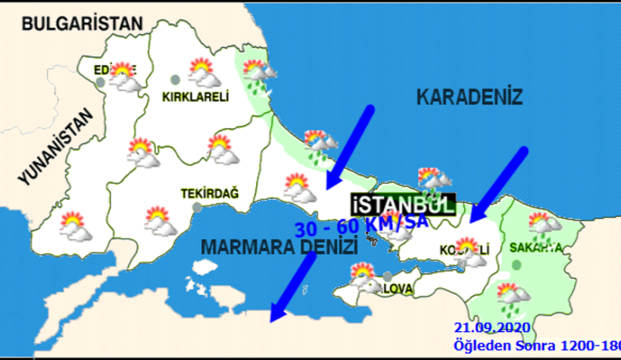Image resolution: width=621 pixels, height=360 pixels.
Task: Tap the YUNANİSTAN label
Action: pos(55,149)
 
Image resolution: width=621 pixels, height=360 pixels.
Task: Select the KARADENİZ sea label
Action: pos(470,97)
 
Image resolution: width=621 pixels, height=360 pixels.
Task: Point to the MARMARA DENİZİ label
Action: pos(278,246)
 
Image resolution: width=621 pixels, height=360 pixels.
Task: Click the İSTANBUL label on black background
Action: pos(402,205)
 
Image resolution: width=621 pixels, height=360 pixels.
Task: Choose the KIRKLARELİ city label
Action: pos(195,96)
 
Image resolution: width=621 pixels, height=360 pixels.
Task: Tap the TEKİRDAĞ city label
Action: pos(209,194)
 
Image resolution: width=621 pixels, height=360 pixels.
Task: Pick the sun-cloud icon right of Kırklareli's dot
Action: pos(203,73)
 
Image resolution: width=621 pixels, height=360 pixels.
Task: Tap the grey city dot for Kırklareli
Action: pos(176,79)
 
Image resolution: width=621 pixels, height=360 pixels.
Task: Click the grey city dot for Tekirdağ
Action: pos(197,207)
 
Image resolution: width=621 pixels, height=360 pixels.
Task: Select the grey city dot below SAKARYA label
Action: pos(516,265)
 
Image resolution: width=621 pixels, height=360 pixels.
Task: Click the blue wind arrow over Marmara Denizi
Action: pos(292,286)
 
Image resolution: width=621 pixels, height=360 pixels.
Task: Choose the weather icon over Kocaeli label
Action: pos(470,252)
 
